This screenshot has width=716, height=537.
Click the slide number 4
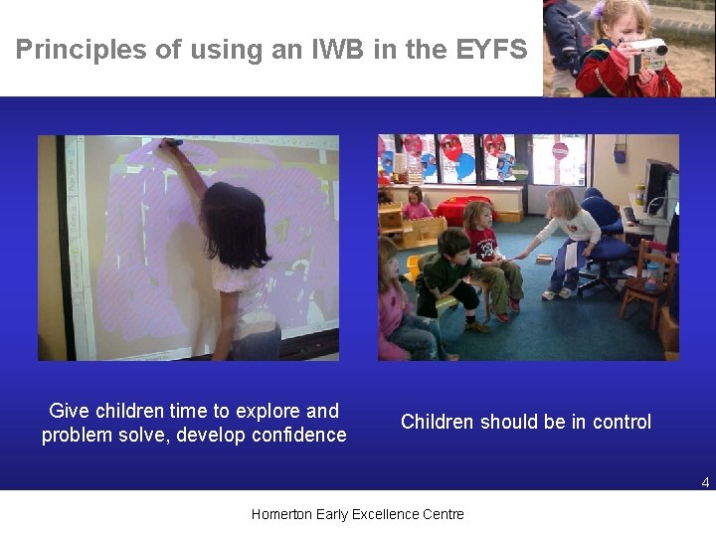tap(705, 482)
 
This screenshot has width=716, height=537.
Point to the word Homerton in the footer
tap(282, 514)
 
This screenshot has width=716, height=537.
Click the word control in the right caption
tap(622, 422)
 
